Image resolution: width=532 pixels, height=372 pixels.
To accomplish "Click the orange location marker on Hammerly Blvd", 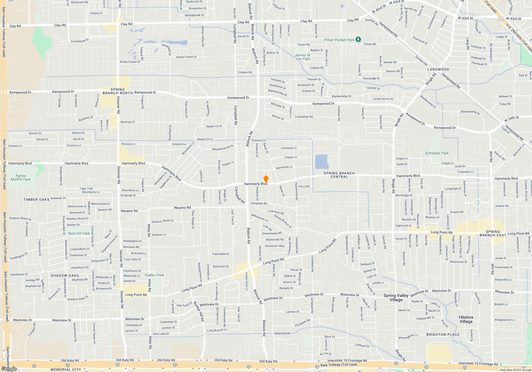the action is tap(266, 179).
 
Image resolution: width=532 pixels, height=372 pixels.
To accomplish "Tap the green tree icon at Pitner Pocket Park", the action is tap(358, 40).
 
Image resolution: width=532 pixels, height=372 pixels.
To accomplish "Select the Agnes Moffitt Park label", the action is tap(21, 177).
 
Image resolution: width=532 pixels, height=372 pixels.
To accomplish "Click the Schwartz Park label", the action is tap(437, 153).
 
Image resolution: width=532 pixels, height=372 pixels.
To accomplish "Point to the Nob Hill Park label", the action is tap(79, 233).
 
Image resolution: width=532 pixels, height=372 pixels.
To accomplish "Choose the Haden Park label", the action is tap(154, 275).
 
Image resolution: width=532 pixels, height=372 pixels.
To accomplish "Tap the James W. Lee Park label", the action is tap(303, 57).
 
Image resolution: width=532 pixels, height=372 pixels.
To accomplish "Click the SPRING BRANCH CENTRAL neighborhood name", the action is tap(339, 175).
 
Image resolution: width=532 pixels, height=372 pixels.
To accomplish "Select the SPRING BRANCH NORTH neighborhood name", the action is tap(118, 91).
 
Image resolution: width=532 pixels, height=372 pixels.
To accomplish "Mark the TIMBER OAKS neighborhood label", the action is tap(36, 200).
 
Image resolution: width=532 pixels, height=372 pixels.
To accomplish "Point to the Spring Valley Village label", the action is tap(396, 298).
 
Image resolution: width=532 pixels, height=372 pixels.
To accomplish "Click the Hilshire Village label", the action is tap(466, 319).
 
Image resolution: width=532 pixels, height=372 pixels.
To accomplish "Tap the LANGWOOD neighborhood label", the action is tap(438, 69).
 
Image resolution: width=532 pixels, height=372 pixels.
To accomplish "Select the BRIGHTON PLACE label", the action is tap(443, 335).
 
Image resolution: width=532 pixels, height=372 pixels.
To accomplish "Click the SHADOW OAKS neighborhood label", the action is tap(65, 276).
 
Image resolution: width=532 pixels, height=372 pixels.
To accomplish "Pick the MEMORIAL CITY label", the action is tap(66, 370).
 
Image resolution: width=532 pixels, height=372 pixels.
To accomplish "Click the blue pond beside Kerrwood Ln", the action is tap(322, 162).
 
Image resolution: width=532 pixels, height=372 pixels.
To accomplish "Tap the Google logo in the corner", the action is tap(9, 369).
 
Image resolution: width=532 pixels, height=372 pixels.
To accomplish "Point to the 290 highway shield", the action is tap(501, 19).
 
